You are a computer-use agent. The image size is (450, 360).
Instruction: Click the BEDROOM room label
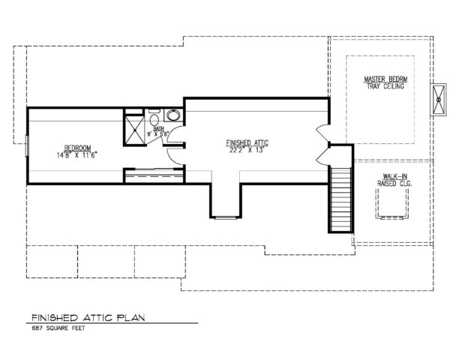pyautogui.click(x=77, y=148)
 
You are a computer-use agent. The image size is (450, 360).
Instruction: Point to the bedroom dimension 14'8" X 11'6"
pyautogui.click(x=77, y=155)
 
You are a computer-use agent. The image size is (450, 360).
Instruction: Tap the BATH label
pyautogui.click(x=158, y=128)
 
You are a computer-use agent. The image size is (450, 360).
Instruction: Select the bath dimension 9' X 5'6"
pyautogui.click(x=157, y=133)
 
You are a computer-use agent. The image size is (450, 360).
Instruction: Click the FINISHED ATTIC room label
pyautogui.click(x=247, y=142)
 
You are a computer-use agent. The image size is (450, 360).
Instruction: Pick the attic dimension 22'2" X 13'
pyautogui.click(x=247, y=150)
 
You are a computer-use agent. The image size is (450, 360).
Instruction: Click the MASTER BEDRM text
pyautogui.click(x=385, y=79)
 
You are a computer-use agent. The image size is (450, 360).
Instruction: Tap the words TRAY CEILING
pyautogui.click(x=385, y=86)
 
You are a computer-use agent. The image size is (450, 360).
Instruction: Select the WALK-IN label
pyautogui.click(x=395, y=176)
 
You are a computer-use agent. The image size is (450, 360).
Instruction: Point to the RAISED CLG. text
pyautogui.click(x=394, y=184)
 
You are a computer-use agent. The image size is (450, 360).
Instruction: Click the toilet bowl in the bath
pyautogui.click(x=154, y=120)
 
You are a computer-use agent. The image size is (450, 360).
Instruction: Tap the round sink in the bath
pyautogui.click(x=174, y=115)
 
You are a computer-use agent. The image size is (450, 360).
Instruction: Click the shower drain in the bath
pyautogui.click(x=134, y=130)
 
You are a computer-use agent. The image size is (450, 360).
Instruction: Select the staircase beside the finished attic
pyautogui.click(x=340, y=199)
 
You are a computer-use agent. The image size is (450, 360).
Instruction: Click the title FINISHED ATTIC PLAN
pyautogui.click(x=88, y=318)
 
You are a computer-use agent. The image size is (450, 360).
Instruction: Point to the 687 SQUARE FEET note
pyautogui.click(x=58, y=328)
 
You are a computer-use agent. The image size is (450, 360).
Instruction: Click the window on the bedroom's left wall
pyautogui.click(x=27, y=145)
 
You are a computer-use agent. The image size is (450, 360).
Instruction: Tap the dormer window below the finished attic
pyautogui.click(x=226, y=218)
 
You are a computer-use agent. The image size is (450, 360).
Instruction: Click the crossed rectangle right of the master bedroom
pyautogui.click(x=438, y=100)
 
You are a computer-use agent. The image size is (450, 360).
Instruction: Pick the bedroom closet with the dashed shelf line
pyautogui.click(x=154, y=175)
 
